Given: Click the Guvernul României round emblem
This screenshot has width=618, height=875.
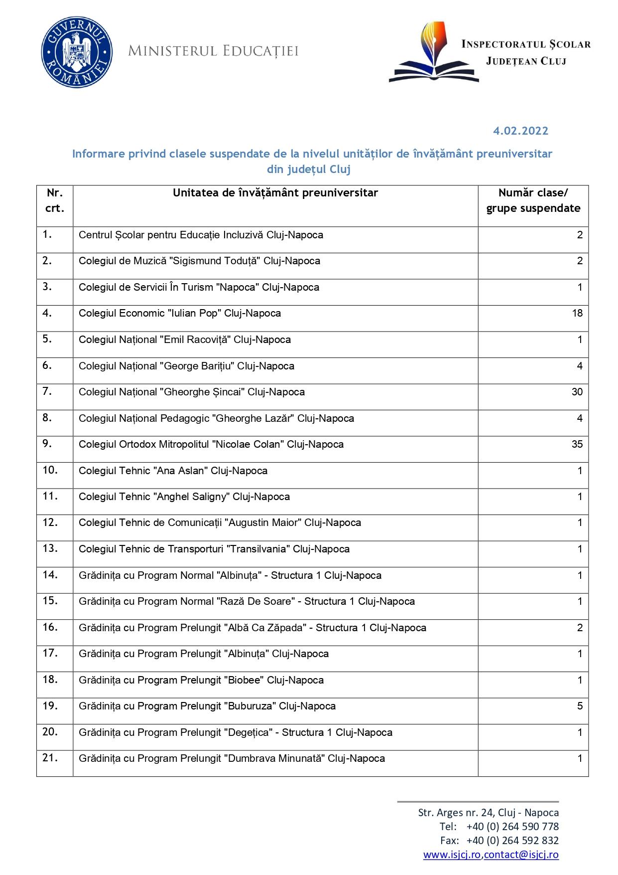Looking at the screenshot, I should pos(76,52).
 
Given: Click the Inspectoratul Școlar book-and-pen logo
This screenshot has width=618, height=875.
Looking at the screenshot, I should pos(434,53).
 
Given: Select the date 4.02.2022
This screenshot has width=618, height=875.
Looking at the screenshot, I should pos(520,131).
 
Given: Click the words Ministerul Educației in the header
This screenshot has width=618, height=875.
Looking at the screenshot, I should pos(213,51).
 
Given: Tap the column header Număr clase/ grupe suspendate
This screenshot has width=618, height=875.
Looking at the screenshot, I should pos(533,200).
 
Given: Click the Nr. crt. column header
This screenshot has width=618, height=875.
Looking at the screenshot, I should pos(55,200).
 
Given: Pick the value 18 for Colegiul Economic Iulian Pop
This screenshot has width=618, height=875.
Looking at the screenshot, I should pos(577,313).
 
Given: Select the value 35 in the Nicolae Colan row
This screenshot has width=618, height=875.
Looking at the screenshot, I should pos(577,444).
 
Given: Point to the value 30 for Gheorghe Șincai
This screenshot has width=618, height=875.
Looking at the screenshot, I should pos(577,392).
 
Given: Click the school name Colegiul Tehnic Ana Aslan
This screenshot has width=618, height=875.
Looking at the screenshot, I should pos(173,471).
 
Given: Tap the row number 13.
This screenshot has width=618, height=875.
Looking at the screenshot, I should pos(50,548).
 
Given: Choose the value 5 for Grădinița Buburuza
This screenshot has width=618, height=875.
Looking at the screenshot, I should pos(580,706).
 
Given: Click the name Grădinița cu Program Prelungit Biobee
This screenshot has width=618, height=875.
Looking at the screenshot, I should pos(201,680).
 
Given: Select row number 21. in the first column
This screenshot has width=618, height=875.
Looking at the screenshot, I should pos(50,758).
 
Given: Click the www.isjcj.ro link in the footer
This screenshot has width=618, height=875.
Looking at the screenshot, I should pos(452,855).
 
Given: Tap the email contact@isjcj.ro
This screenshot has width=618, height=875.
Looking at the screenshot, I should pos(521,855).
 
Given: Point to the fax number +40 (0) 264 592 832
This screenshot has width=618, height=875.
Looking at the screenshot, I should pos(512,841).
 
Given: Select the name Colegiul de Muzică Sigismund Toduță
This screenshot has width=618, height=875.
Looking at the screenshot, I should pos(199,261).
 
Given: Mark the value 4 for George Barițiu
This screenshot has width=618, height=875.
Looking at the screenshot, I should pos(580,366).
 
